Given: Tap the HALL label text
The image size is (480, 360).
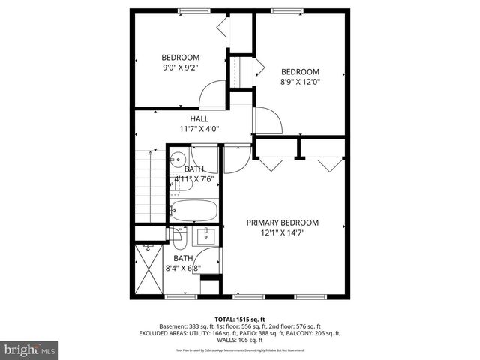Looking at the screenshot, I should click(199, 119).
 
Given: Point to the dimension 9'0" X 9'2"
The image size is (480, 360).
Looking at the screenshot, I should click(181, 67).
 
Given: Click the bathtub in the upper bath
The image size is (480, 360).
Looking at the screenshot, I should click(193, 211).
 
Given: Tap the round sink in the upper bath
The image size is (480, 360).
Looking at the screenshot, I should click(178, 158).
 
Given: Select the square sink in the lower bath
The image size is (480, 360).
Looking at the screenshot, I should click(204, 237).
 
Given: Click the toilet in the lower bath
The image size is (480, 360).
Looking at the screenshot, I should click(179, 238).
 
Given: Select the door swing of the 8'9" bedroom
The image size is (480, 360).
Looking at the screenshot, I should click(268, 121).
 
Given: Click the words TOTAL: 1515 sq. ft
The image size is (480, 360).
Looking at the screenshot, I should click(239, 319).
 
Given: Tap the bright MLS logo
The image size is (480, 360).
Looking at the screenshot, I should click(29, 349).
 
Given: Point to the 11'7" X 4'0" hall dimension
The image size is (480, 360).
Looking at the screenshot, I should click(199, 129).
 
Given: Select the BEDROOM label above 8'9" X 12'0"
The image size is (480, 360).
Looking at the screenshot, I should click(300, 72).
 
